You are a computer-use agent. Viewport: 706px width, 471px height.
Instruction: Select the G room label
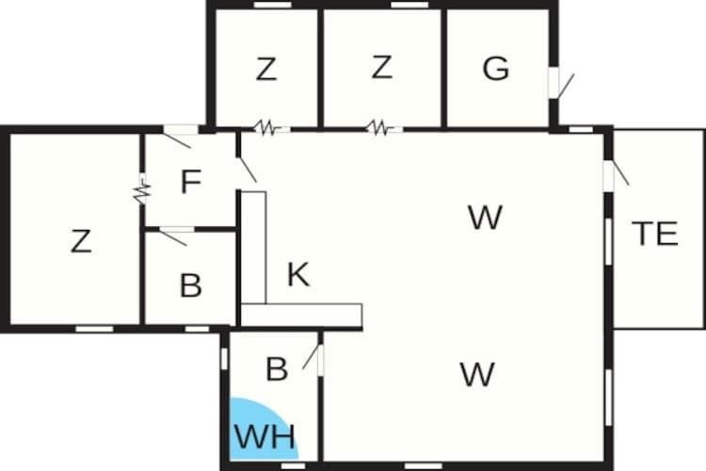(496, 69)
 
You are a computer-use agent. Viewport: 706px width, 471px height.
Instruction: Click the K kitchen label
(298, 274)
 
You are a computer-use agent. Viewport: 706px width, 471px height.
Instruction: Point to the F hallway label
(191, 182)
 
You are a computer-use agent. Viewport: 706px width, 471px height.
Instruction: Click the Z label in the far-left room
(82, 241)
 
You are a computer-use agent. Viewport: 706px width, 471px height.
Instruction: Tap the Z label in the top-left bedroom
(266, 69)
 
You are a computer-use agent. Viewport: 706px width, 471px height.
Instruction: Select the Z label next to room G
(382, 67)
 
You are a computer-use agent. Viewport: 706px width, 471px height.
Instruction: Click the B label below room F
(190, 285)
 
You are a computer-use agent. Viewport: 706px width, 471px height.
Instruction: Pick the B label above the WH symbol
(277, 368)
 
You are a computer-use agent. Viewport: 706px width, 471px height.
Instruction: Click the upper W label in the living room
(486, 218)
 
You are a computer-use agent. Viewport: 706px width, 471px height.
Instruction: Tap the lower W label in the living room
(477, 374)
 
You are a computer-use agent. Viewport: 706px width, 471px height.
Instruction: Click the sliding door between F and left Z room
(141, 189)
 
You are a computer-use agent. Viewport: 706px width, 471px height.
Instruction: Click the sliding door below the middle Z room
(380, 128)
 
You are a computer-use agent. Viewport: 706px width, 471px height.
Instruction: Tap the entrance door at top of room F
(178, 136)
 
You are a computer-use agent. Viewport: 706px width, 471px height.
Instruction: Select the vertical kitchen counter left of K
(253, 248)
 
